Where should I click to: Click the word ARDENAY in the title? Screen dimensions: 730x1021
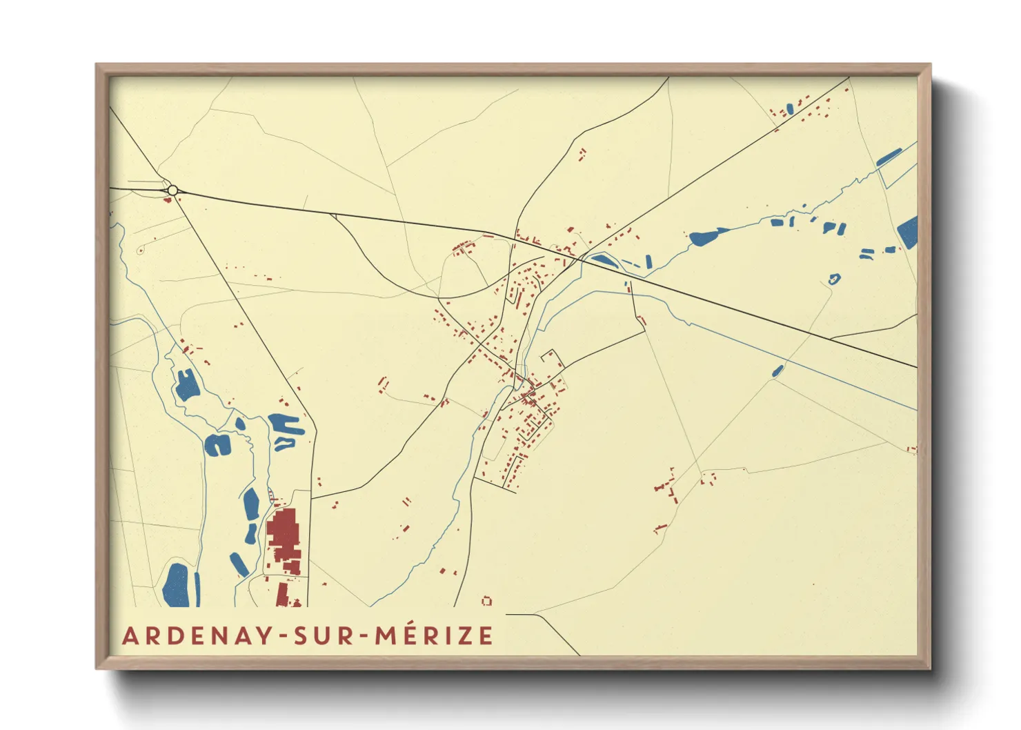[198, 635]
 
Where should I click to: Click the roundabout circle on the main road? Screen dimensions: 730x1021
[172, 190]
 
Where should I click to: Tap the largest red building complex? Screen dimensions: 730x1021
[283, 532]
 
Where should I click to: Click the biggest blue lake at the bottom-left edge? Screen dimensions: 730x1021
[175, 586]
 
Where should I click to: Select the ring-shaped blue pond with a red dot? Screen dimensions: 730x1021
[835, 279]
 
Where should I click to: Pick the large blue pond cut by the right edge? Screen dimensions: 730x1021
[909, 232]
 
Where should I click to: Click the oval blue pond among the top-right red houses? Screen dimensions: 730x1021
[790, 109]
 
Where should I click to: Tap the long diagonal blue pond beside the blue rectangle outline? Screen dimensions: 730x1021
[889, 158]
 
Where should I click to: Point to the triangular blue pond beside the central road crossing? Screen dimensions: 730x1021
[603, 260]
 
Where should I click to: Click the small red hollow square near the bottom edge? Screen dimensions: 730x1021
[487, 601]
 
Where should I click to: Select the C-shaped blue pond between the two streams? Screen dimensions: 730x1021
[218, 445]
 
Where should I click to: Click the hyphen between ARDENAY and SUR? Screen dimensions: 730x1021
[282, 637]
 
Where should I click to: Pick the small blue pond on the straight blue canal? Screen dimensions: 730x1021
[777, 371]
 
